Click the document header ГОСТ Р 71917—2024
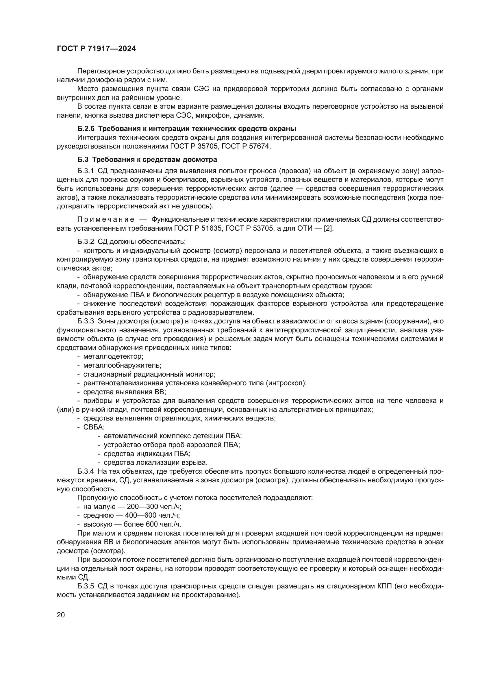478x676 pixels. pos(96,49)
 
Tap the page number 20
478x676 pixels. pos(61,615)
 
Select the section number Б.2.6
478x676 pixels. pos(86,129)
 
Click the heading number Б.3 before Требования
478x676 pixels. pos(83,160)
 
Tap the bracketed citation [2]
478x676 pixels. pos(328,229)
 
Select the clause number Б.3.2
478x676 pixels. pos(86,242)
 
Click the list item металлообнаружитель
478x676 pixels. pos(122,365)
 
